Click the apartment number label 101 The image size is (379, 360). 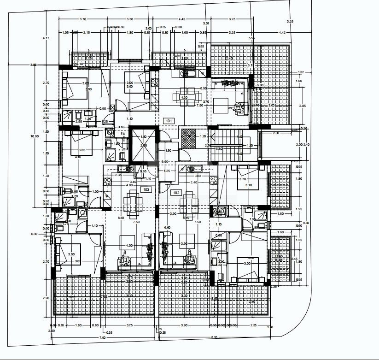(169, 121)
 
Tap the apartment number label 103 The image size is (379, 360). (146, 189)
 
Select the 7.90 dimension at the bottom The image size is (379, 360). (102, 337)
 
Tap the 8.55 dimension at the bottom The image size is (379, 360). (214, 337)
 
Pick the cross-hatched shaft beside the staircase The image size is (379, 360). (188, 137)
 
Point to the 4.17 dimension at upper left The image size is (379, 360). (46, 38)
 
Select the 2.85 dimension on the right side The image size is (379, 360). (302, 106)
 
